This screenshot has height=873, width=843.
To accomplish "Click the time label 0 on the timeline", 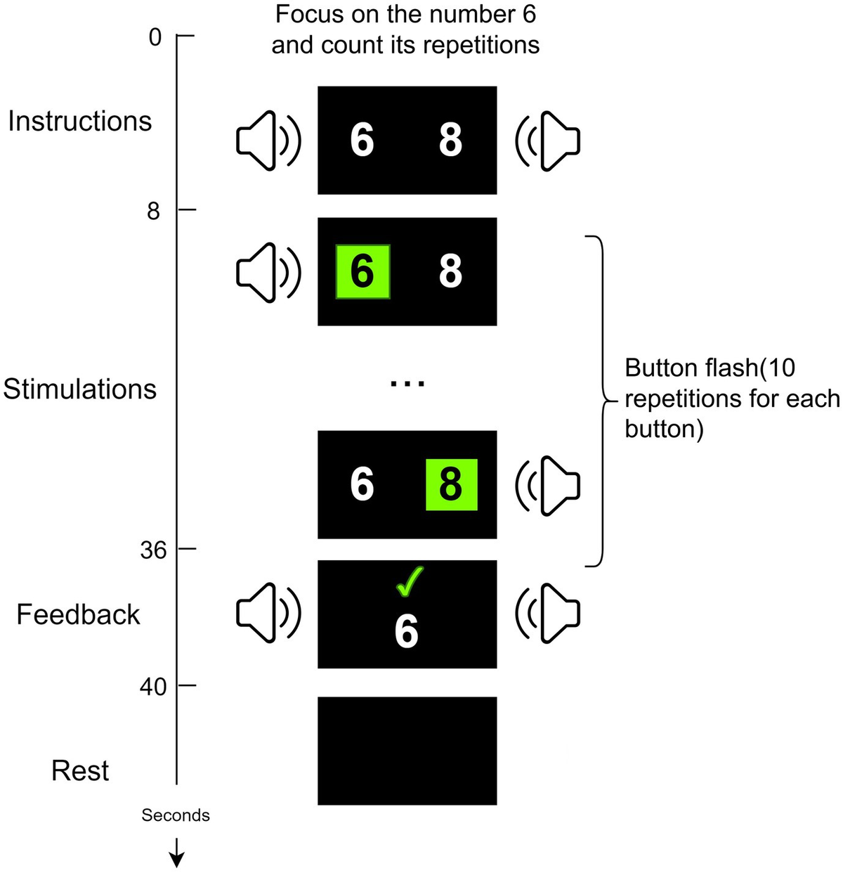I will click(x=155, y=37).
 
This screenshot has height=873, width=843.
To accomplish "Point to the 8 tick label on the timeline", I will click(x=153, y=210).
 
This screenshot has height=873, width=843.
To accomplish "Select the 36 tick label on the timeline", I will click(x=153, y=550).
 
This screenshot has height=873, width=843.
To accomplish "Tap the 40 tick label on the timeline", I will click(x=153, y=686).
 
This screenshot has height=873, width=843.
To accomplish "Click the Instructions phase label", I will click(x=79, y=122).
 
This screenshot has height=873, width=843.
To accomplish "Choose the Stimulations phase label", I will click(x=79, y=389).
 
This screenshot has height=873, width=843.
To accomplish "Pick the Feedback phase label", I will click(x=78, y=614).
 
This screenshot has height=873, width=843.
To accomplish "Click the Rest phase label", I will click(x=80, y=771).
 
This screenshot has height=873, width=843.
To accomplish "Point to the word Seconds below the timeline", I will click(x=176, y=815).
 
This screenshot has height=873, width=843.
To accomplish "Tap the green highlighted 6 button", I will click(x=362, y=271).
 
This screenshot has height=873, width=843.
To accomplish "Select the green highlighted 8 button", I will click(x=451, y=484).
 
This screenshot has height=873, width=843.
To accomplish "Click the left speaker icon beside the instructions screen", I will click(x=268, y=141).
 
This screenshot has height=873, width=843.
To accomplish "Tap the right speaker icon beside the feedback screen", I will click(x=547, y=614).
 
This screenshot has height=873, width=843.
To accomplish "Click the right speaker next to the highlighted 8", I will click(x=547, y=485).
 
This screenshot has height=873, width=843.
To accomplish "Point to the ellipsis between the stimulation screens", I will click(x=407, y=383).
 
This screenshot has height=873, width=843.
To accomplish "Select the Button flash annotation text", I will click(x=731, y=398).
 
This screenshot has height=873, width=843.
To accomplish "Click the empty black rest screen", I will click(x=407, y=751).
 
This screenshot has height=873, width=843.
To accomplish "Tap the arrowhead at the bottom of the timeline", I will click(x=176, y=858).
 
